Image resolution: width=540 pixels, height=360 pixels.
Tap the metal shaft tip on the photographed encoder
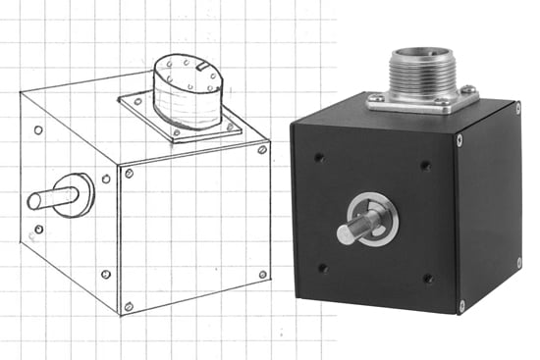[x=346, y=234]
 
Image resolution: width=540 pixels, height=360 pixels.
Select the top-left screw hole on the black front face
[x=319, y=155]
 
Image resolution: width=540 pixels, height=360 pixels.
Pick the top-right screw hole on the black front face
[x=425, y=165]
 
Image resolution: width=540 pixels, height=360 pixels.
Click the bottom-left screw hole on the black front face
[x=323, y=266]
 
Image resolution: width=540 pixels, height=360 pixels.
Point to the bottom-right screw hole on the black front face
[x=429, y=279]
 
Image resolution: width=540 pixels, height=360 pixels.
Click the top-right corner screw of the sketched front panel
[x=261, y=149]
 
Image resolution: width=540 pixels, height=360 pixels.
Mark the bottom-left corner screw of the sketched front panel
[x=129, y=306]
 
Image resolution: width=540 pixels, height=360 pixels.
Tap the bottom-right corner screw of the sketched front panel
[x=262, y=274]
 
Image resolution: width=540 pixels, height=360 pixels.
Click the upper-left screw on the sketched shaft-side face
[x=37, y=129]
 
